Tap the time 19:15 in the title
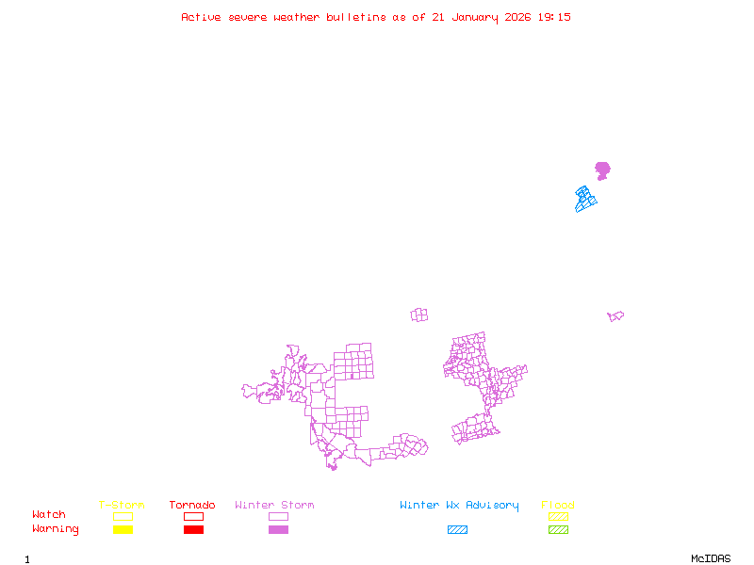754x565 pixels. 554,17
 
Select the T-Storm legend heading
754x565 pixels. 122,506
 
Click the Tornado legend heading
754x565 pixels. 192,506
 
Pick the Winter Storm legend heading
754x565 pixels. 274,506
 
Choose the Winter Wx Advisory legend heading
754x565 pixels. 459,506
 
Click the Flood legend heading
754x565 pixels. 558,506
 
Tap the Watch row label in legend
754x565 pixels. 49,515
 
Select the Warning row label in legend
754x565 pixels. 56,529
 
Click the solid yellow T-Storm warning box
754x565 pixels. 123,530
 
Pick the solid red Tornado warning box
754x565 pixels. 193,530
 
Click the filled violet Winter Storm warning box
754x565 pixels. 278,530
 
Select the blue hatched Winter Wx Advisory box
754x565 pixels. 457,530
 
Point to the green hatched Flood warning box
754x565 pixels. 558,530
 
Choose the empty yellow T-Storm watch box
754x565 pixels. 123,516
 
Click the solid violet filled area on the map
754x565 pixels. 602,170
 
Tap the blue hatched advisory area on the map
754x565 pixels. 585,198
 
